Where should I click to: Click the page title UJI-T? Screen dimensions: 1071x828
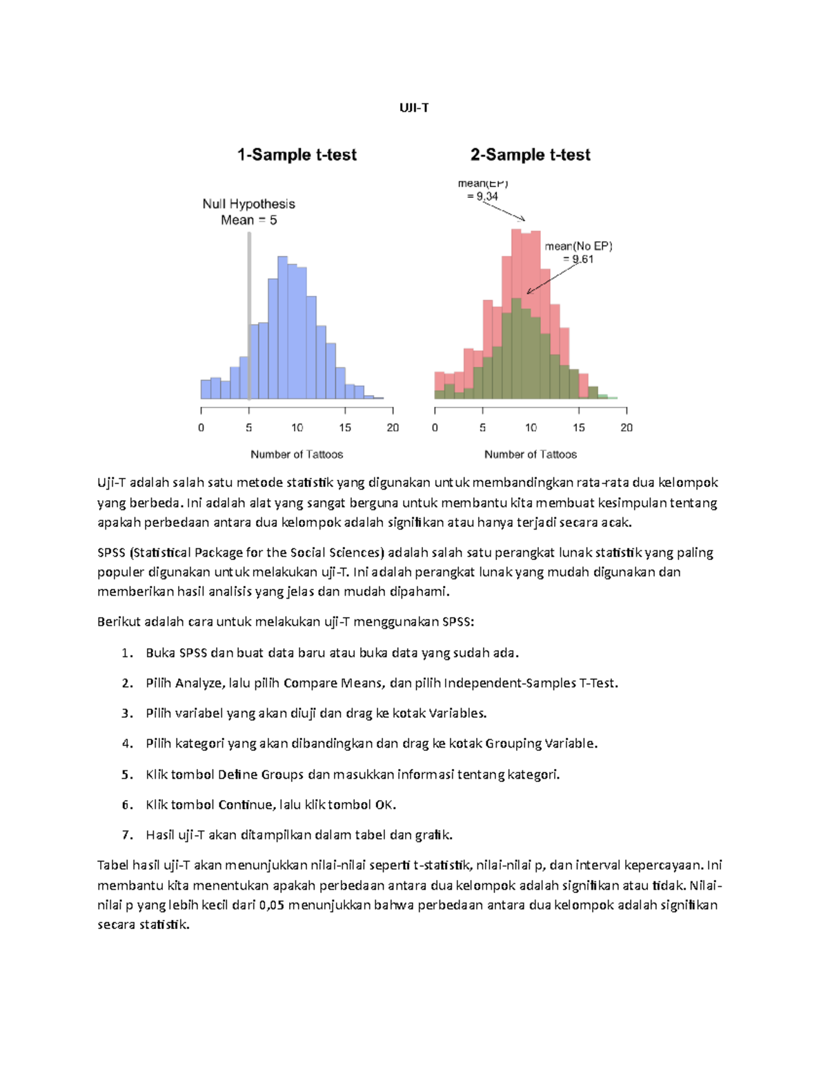click(x=414, y=108)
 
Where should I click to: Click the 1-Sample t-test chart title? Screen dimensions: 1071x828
click(x=297, y=154)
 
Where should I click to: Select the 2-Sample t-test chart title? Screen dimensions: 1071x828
click(x=530, y=154)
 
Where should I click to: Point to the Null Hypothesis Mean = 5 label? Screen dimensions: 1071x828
click(x=248, y=212)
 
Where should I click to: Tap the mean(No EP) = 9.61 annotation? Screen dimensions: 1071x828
click(x=578, y=252)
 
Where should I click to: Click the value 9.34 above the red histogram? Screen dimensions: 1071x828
click(x=486, y=197)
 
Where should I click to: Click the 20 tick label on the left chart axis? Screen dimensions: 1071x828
click(x=393, y=428)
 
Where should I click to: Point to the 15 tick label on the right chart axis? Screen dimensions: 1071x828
click(x=578, y=428)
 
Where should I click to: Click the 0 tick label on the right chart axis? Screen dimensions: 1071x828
click(x=435, y=428)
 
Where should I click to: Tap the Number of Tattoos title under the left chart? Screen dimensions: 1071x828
click(x=297, y=454)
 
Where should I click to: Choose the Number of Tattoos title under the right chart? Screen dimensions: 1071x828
click(x=530, y=454)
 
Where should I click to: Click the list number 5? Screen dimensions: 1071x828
click(x=127, y=774)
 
